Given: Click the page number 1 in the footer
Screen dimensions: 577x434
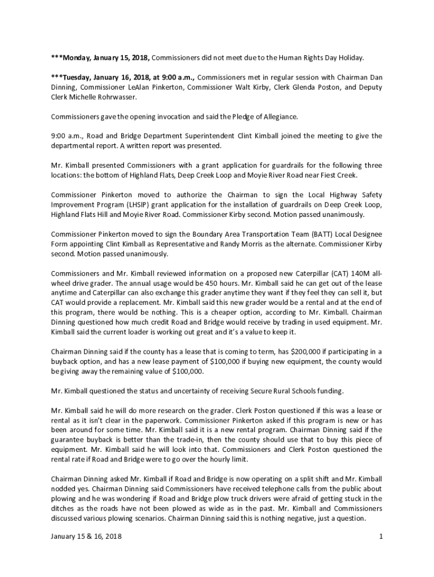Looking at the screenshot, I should pyautogui.click(x=381, y=536).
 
